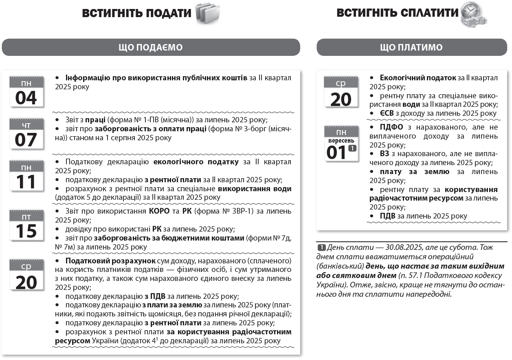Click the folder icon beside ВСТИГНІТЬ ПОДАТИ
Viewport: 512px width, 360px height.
coord(208,13)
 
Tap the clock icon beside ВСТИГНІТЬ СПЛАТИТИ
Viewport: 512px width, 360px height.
coord(474,15)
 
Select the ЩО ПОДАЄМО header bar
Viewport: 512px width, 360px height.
coord(151,47)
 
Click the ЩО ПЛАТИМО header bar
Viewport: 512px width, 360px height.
coord(411,47)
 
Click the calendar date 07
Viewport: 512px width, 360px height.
coord(26,140)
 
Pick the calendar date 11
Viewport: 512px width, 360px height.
coord(26,182)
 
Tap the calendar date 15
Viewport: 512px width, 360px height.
coord(26,230)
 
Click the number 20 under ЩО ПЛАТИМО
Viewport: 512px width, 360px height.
coord(341,99)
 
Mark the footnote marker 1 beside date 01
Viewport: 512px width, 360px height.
coord(352,148)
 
